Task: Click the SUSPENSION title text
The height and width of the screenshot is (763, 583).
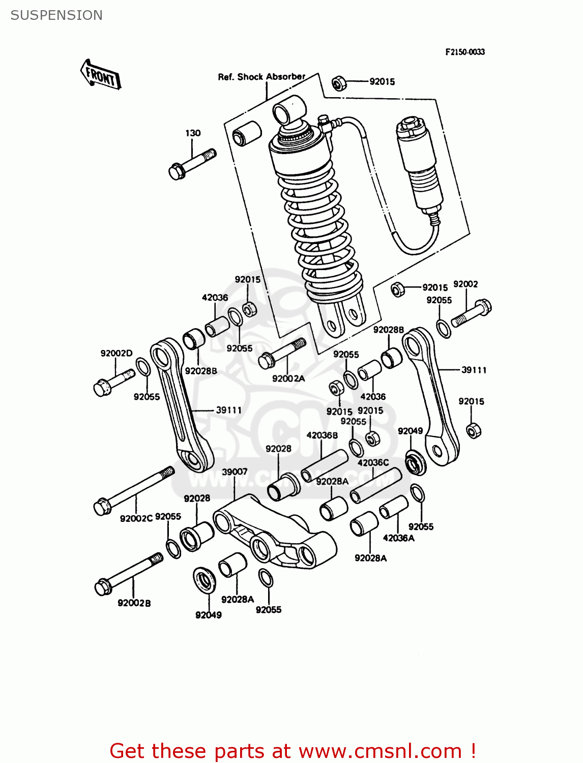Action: (56, 15)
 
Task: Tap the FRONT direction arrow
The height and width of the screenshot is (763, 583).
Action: (101, 75)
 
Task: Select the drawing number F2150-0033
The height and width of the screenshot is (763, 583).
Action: (465, 52)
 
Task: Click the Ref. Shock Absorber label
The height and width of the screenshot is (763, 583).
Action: (261, 77)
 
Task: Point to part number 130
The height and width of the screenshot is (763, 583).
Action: (193, 133)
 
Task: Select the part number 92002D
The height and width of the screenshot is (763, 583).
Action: (116, 354)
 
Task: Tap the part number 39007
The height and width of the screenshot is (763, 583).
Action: (235, 472)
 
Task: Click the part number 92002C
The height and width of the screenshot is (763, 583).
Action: (136, 518)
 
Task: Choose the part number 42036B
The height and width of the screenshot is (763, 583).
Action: (322, 435)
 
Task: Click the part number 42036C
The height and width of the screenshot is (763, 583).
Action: (373, 463)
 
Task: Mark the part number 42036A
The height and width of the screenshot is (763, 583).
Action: (398, 538)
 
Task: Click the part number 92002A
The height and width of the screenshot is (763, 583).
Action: (288, 378)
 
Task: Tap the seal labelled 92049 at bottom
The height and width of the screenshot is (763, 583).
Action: (205, 579)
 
